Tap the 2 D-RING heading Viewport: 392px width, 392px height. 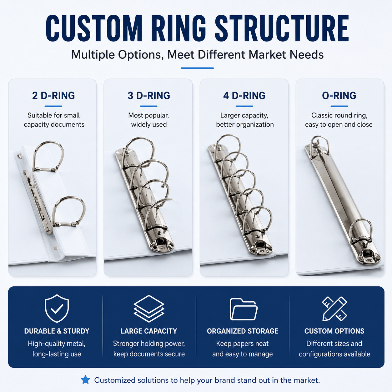click(x=53, y=96)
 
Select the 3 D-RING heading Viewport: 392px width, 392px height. click(x=149, y=96)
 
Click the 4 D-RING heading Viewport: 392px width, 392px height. click(x=244, y=96)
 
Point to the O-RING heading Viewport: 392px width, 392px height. click(x=339, y=96)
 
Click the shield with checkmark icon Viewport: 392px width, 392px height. click(x=57, y=309)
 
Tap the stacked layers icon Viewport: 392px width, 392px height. click(x=149, y=309)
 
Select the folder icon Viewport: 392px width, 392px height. click(x=244, y=309)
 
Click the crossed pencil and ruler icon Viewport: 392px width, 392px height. click(x=334, y=309)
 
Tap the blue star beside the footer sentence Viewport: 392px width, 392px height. click(x=85, y=380)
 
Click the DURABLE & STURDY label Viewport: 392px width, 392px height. click(x=57, y=331)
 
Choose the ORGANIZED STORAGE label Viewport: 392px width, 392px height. click(x=243, y=331)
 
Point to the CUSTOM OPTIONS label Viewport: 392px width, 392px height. click(x=334, y=331)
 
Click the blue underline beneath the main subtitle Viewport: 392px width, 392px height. click(x=197, y=68)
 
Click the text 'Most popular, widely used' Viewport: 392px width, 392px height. click(x=149, y=120)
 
